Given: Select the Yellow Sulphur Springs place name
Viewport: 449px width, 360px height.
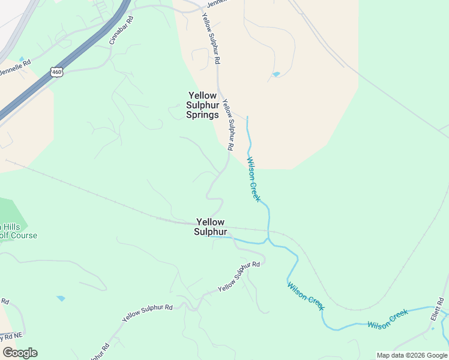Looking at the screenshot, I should (x=202, y=105).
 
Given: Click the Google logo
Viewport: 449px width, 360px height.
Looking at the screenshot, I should (x=20, y=353).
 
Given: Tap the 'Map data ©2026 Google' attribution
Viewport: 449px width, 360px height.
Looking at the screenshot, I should (x=412, y=355).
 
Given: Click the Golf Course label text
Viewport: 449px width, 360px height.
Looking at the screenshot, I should (x=18, y=235).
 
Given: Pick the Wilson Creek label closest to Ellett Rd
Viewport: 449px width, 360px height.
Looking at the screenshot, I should (x=388, y=319).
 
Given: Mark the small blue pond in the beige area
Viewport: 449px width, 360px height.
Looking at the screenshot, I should (x=276, y=74).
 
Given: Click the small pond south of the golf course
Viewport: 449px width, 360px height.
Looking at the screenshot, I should (x=61, y=298).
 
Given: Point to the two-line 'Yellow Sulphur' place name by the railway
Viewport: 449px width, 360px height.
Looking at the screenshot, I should (x=211, y=227).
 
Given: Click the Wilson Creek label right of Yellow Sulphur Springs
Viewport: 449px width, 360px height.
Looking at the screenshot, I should (x=254, y=179).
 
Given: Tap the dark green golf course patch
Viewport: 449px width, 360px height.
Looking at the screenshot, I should (x=12, y=210).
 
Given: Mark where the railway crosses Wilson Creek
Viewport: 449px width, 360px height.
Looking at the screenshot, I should (x=268, y=231).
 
